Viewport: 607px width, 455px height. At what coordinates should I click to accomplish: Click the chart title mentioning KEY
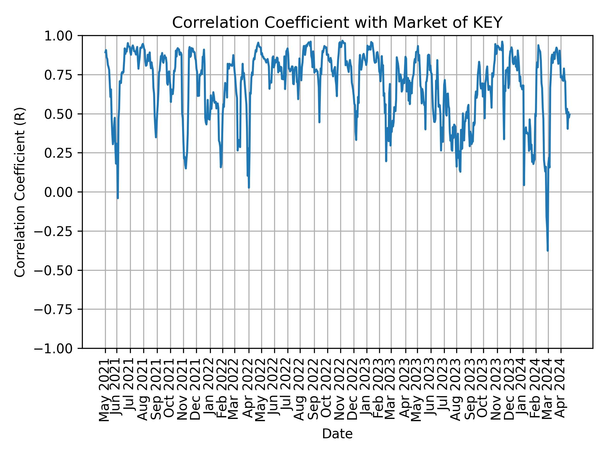tap(337, 23)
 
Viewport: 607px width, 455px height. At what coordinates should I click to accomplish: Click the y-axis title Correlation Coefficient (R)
tap(20, 192)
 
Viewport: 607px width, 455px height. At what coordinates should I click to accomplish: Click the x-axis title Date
tap(337, 434)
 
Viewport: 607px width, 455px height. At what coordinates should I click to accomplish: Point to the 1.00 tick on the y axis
tap(64, 36)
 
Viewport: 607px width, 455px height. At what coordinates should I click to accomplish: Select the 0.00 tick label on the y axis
tap(64, 192)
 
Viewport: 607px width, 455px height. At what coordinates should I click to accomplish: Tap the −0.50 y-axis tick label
tap(58, 270)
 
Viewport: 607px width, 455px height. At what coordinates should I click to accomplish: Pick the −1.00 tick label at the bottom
tap(58, 349)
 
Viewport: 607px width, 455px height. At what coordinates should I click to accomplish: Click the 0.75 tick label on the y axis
tap(64, 75)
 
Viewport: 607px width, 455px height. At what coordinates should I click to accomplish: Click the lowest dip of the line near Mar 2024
tap(548, 251)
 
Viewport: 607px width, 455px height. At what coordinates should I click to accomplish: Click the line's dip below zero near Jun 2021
tap(118, 198)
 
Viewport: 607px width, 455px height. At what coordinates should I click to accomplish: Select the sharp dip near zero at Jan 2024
tap(524, 185)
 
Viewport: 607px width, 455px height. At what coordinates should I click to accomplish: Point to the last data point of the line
tap(570, 114)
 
